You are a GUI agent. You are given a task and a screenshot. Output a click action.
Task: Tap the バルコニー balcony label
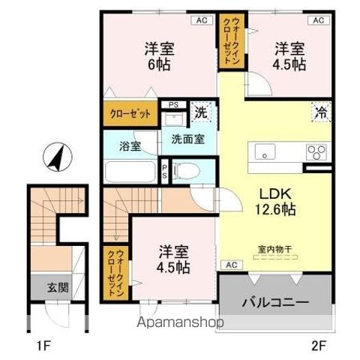[x=274, y=304]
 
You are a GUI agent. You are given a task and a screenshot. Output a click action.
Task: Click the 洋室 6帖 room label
[x=159, y=57]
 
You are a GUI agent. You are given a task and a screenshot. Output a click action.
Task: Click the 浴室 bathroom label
[x=130, y=146]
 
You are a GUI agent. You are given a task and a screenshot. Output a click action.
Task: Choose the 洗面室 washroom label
[x=187, y=139]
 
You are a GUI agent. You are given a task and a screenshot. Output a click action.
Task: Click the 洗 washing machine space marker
[x=201, y=113]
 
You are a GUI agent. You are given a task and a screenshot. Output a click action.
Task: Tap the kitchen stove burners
[x=316, y=151]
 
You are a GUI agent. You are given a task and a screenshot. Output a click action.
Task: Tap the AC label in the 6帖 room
[x=201, y=20]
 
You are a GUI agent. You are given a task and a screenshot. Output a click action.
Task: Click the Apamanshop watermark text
[x=178, y=324]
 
